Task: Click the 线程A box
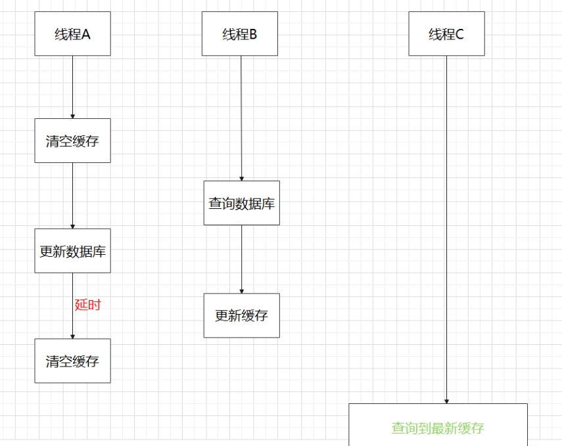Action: click(x=72, y=33)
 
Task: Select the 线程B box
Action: click(x=239, y=33)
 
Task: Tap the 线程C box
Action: click(x=446, y=33)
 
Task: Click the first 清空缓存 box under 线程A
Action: click(x=72, y=141)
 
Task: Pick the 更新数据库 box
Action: click(x=72, y=251)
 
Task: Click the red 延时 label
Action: click(x=87, y=305)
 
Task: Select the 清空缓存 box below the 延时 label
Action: click(x=72, y=361)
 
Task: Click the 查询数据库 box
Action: click(x=241, y=203)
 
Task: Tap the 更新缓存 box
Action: click(x=241, y=315)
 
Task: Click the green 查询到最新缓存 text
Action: click(x=438, y=428)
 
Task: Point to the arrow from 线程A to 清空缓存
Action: click(x=72, y=85)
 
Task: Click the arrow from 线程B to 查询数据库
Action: click(x=241, y=118)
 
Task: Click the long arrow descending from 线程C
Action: click(x=446, y=230)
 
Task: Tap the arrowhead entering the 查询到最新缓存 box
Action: click(x=446, y=401)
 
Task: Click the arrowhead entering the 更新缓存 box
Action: click(x=241, y=290)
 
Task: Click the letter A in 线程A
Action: click(x=85, y=34)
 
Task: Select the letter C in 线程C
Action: click(x=459, y=34)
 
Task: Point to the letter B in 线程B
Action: click(x=253, y=34)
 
